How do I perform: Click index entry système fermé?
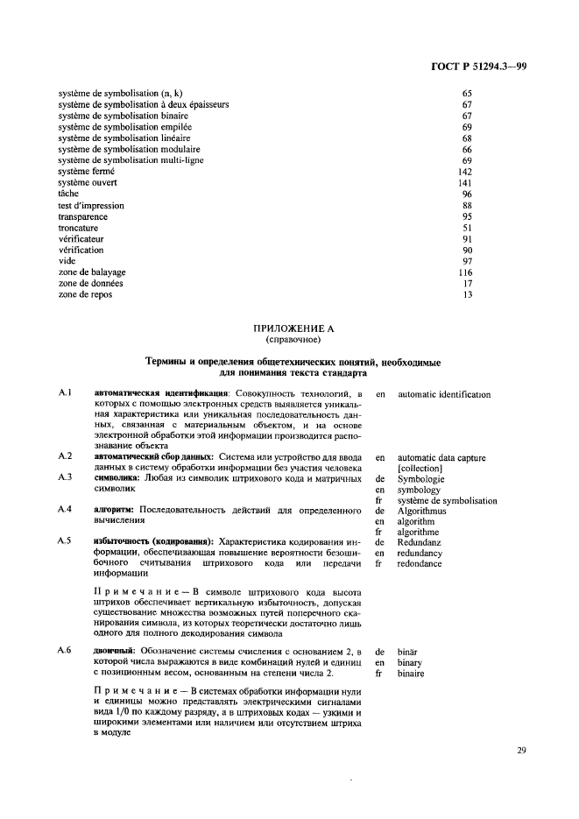pyautogui.click(x=87, y=172)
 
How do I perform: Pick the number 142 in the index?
pyautogui.click(x=465, y=172)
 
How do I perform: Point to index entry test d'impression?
pyautogui.click(x=91, y=206)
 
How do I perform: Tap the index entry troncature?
pyautogui.click(x=79, y=229)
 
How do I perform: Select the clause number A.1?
pyautogui.click(x=64, y=395)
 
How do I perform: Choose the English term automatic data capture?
pyautogui.click(x=441, y=457)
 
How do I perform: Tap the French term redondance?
pyautogui.click(x=420, y=564)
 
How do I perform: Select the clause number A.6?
pyautogui.click(x=64, y=652)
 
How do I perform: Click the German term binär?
pyautogui.click(x=410, y=652)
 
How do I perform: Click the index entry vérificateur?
pyautogui.click(x=82, y=240)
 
